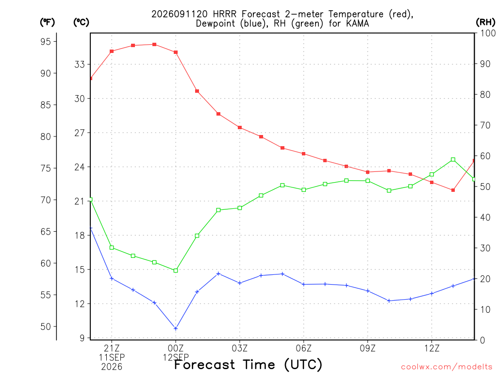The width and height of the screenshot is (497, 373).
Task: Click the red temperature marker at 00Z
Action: (176, 52)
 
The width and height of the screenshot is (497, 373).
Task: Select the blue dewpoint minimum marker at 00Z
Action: (176, 328)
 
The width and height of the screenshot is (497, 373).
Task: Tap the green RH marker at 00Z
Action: (176, 271)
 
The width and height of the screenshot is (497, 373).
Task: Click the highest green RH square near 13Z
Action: (453, 159)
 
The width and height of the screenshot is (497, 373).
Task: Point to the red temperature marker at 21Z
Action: (112, 51)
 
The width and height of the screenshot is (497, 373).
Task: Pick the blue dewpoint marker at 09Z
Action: (368, 291)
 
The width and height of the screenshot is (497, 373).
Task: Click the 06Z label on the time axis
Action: (304, 348)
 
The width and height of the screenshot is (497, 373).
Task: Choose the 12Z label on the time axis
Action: (431, 348)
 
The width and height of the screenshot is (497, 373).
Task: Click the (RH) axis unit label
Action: (485, 22)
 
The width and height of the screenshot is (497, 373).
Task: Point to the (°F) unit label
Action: (47, 22)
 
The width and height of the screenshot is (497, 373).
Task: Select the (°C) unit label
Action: (81, 22)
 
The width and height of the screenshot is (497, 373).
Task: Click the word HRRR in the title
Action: (224, 14)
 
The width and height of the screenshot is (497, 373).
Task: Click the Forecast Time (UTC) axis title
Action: (248, 364)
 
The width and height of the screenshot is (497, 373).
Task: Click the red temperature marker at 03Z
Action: (240, 128)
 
